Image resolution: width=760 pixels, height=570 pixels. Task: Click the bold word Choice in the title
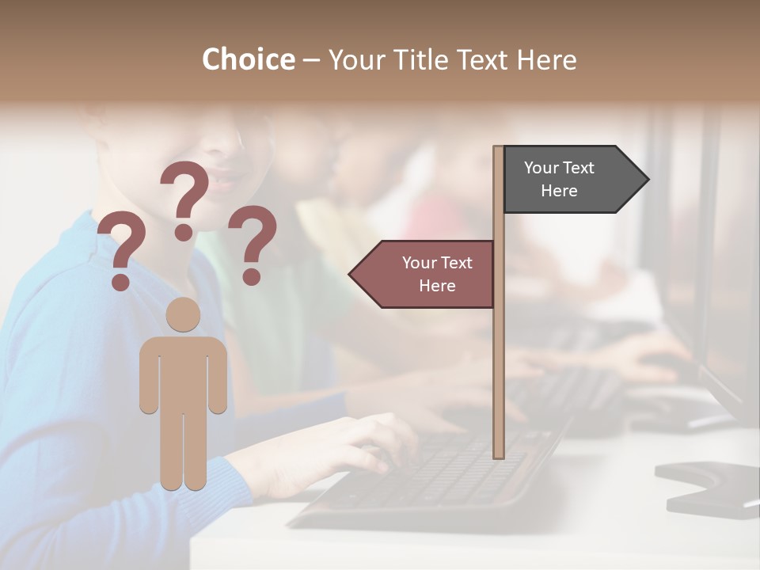[x=248, y=59]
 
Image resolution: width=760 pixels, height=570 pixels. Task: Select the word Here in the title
[x=545, y=59]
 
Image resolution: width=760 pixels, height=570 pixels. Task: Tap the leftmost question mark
[x=121, y=252]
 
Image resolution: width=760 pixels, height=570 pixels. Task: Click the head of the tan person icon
[x=183, y=314]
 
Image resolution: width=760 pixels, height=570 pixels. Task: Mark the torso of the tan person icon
[x=183, y=372]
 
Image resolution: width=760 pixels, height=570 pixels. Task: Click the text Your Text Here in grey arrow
[x=559, y=179]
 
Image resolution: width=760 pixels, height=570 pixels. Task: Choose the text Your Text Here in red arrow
[x=437, y=274]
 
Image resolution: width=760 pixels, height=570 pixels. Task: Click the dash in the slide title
[x=311, y=60]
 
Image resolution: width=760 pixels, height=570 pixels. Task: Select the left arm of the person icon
[x=147, y=376]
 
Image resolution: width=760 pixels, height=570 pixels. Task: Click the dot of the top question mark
[x=184, y=232]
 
